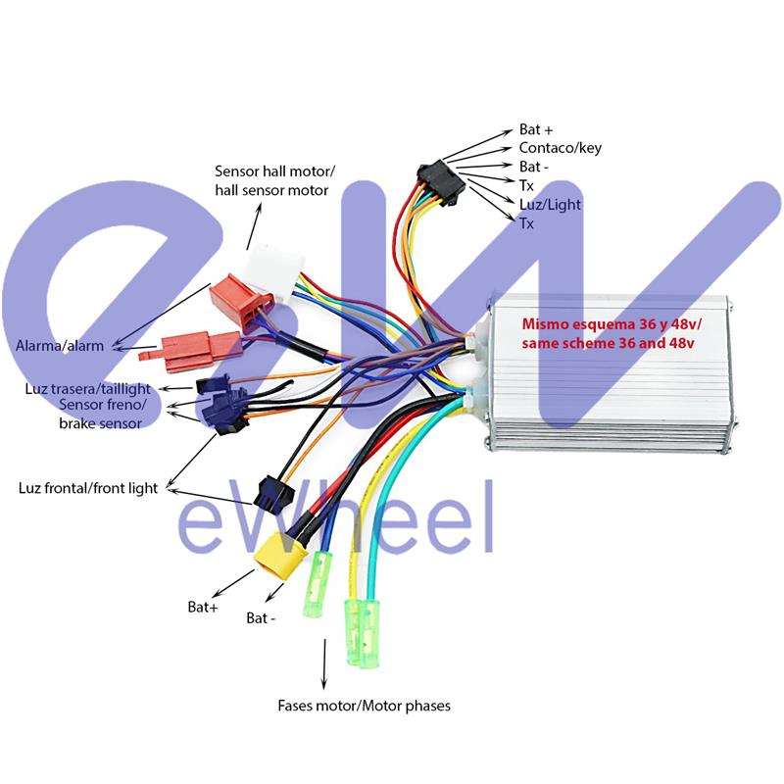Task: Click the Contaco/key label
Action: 560,148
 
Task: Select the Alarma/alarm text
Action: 60,346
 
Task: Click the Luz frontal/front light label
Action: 87,488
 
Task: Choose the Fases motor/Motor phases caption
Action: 364,706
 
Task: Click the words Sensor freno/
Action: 103,405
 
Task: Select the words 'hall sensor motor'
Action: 271,189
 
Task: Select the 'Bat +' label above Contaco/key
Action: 535,129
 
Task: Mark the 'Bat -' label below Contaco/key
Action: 535,167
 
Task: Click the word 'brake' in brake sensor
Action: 77,423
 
